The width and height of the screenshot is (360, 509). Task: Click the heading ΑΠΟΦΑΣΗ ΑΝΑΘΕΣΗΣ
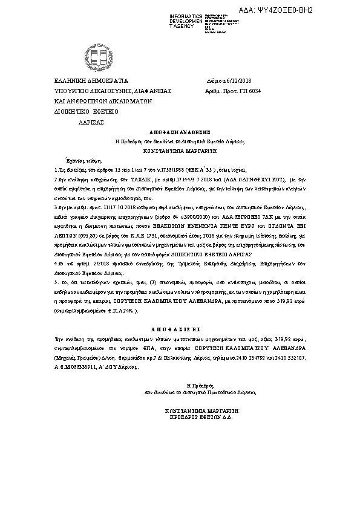click(179, 130)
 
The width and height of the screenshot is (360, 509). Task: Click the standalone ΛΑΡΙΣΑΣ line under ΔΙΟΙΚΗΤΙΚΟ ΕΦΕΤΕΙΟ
click(91, 122)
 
